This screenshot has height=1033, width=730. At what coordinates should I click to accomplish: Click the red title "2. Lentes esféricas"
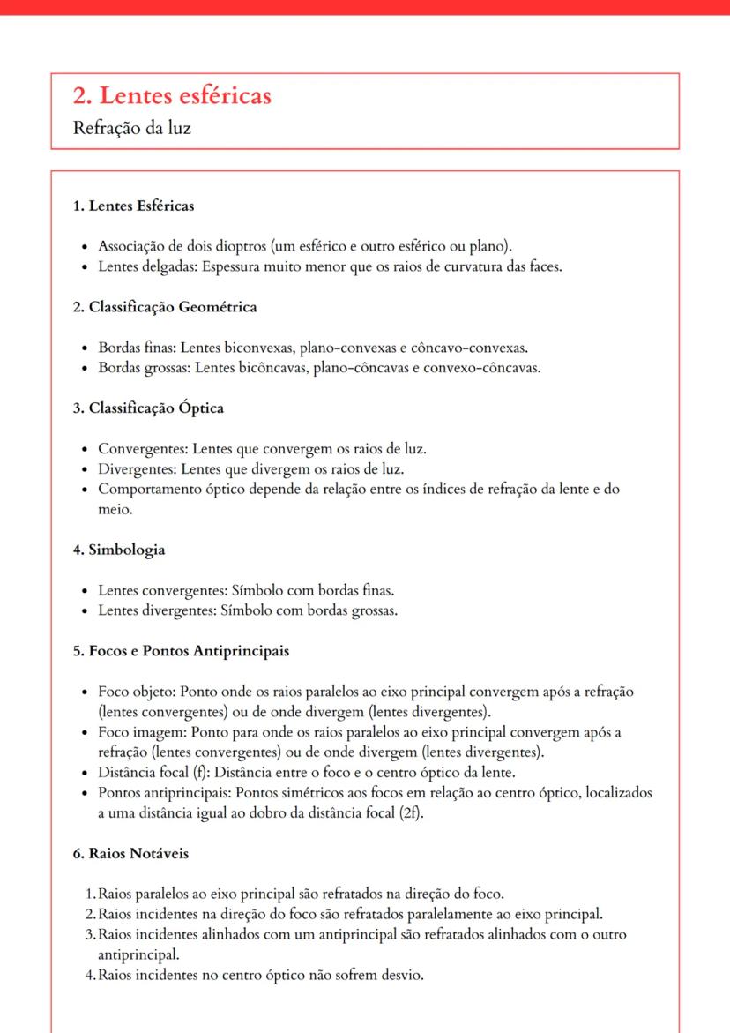pos(172,96)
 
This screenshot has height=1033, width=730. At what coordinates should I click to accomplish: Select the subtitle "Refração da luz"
pos(132,128)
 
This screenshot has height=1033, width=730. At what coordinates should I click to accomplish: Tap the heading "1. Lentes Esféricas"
pos(133,206)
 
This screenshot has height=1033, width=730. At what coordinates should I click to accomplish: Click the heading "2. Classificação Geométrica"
pos(165,308)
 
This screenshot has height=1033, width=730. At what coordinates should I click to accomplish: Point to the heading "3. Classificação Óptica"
pos(148,408)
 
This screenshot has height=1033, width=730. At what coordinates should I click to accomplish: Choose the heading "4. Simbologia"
pos(119,550)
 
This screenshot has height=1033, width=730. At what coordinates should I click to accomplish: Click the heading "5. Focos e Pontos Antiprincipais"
pos(181,652)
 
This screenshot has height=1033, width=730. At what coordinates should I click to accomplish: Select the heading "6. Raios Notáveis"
pos(130,854)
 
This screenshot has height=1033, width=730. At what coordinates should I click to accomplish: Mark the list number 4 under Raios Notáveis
pos(90,975)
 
